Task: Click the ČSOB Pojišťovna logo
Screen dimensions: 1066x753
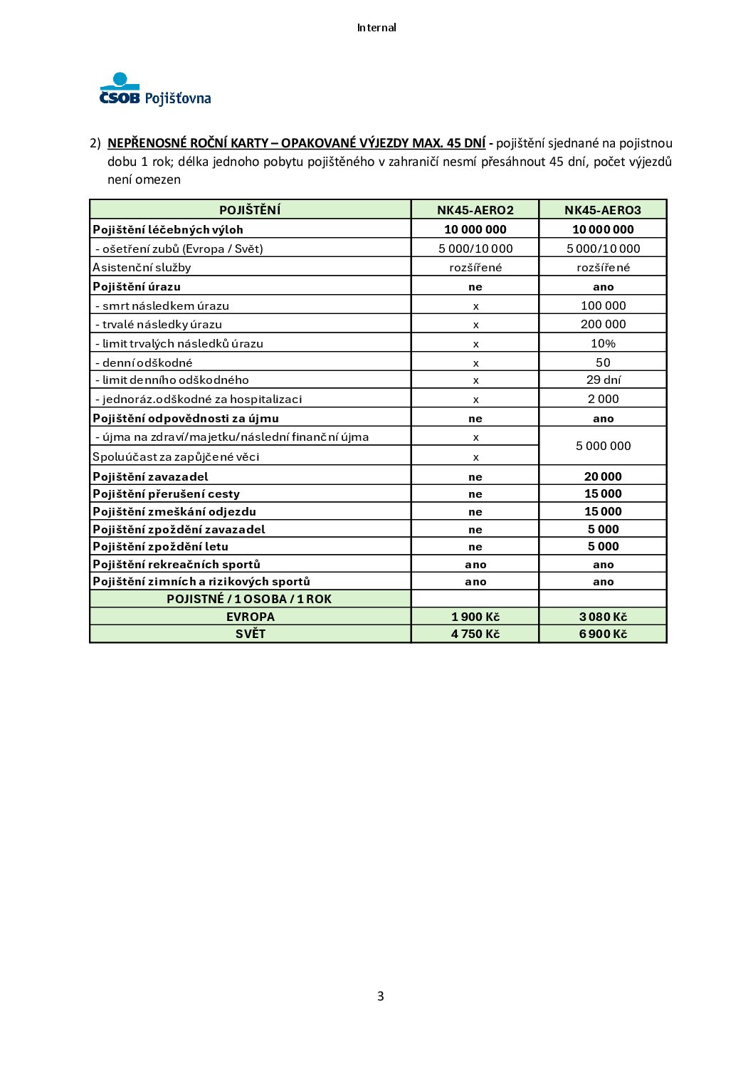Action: (x=155, y=90)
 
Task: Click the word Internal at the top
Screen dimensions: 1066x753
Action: (x=376, y=28)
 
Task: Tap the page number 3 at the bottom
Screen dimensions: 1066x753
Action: (x=380, y=996)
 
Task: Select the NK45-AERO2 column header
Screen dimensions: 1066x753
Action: (x=475, y=210)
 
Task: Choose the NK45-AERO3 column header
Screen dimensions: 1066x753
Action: (x=603, y=210)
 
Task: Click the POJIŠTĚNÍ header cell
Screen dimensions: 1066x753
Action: (x=250, y=210)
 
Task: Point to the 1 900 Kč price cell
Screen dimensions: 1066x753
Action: (x=475, y=617)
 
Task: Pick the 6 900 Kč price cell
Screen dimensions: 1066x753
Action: (x=603, y=634)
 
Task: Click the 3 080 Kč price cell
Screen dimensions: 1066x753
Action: (x=603, y=617)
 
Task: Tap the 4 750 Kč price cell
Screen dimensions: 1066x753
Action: (x=475, y=634)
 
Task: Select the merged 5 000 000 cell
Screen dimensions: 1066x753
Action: (x=603, y=446)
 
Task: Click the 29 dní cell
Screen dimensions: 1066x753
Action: (x=603, y=380)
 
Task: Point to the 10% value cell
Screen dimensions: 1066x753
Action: (x=603, y=343)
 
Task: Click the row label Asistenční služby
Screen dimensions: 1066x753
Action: (x=142, y=267)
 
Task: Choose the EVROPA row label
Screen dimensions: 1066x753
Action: (x=250, y=617)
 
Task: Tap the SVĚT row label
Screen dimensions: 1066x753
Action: (x=250, y=634)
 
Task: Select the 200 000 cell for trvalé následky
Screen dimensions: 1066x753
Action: (x=603, y=324)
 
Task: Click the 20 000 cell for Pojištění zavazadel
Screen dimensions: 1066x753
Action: (x=603, y=476)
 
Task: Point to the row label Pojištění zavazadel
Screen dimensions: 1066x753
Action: (x=150, y=476)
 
